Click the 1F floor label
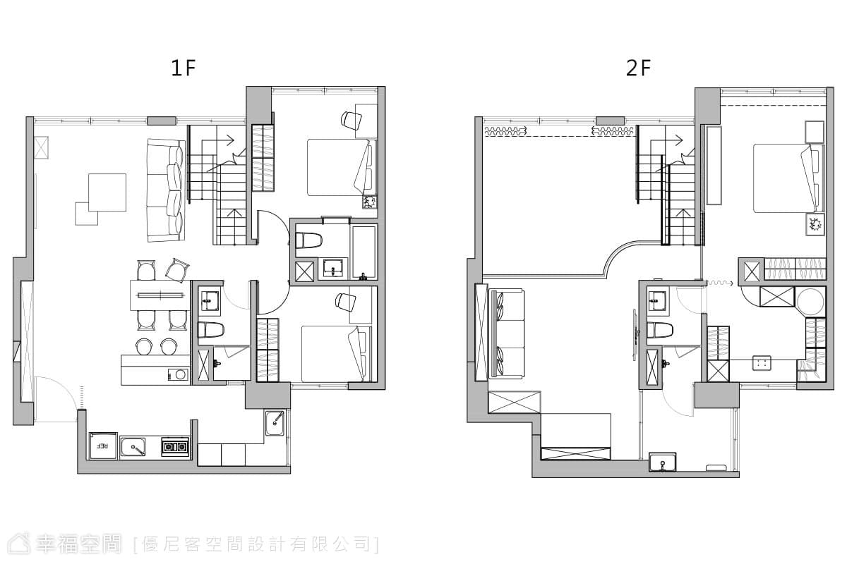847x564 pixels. coord(184,68)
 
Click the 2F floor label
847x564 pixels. coord(638,68)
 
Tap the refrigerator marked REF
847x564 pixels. coord(103,446)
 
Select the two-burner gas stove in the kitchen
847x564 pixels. coord(175,447)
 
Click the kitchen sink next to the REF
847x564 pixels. coord(133,447)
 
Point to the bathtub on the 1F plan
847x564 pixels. coord(364,252)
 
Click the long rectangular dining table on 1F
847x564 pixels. coord(160,295)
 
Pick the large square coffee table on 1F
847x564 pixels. coord(107,192)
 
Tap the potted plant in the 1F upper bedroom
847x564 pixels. coord(369,202)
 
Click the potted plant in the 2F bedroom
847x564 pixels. coord(815,224)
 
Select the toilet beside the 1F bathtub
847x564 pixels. coord(308,240)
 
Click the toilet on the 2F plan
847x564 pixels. coord(660,330)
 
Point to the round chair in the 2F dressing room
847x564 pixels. coord(810,301)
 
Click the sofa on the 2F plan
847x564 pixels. coord(507,333)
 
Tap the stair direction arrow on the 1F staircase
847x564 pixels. coord(218,141)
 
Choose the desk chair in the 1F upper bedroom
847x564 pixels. coord(352,119)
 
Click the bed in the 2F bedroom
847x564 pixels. coord(788,178)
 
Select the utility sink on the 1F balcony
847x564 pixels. coord(275,423)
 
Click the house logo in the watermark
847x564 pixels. coord(19,544)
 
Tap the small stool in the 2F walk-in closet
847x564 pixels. coord(762,362)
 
